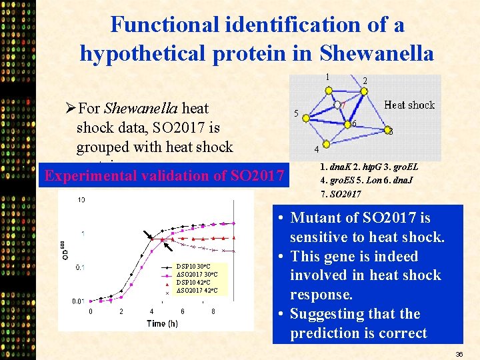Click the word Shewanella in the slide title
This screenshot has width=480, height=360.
pyautogui.click(x=377, y=53)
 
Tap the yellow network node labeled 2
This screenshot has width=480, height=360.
pyautogui.click(x=362, y=93)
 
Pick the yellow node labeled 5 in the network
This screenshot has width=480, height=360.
pyautogui.click(x=306, y=118)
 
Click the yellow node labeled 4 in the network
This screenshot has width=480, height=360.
pyautogui.click(x=326, y=139)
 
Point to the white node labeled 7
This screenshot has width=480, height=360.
pyautogui.click(x=339, y=105)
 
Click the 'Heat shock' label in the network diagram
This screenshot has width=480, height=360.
pyautogui.click(x=409, y=105)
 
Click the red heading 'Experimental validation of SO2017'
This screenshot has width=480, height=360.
pyautogui.click(x=163, y=176)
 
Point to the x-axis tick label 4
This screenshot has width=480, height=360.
pyautogui.click(x=152, y=311)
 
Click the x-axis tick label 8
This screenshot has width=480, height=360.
pyautogui.click(x=213, y=311)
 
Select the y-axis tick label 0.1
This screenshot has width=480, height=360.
pyautogui.click(x=79, y=267)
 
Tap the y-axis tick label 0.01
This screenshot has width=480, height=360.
pyautogui.click(x=77, y=301)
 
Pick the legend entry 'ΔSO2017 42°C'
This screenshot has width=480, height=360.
pyautogui.click(x=197, y=291)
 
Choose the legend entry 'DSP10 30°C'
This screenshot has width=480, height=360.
pyautogui.click(x=194, y=267)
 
